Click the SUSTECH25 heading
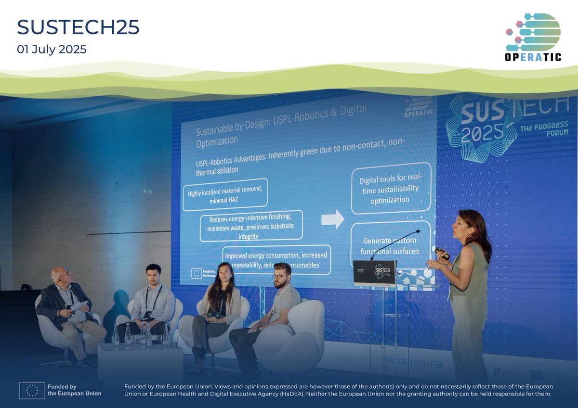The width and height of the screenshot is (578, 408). (x=78, y=28)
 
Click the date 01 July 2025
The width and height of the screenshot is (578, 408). (x=52, y=49)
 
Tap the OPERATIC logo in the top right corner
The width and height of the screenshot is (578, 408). (x=533, y=37)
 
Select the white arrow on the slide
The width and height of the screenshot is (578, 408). (x=332, y=219)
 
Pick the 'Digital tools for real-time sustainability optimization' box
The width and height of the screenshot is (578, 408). (x=390, y=191)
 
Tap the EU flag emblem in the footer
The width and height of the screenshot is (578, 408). (x=32, y=390)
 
